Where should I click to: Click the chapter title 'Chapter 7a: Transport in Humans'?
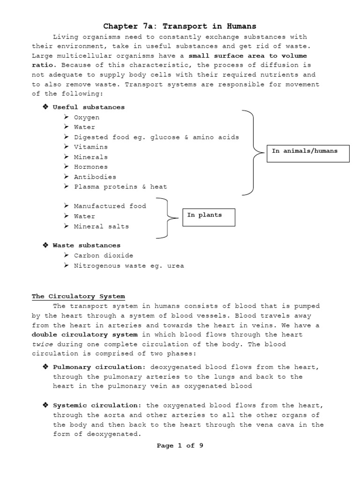coord(180,26)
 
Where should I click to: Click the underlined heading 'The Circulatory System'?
coord(78,296)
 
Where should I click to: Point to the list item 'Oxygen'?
coord(87,117)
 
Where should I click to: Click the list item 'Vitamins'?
coord(91,147)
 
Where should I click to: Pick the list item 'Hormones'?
coord(91,167)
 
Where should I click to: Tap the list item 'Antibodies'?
coord(95,177)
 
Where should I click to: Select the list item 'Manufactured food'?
coord(110,206)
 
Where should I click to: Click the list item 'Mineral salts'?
coord(101,226)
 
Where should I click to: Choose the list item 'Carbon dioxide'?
coord(104,255)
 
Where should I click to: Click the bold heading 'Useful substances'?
coord(89,107)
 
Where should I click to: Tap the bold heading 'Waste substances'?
coord(87,245)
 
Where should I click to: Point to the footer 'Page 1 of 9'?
coord(180,445)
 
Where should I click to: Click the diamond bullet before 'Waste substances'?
coord(45,245)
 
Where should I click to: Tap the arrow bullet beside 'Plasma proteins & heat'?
coord(66,187)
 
